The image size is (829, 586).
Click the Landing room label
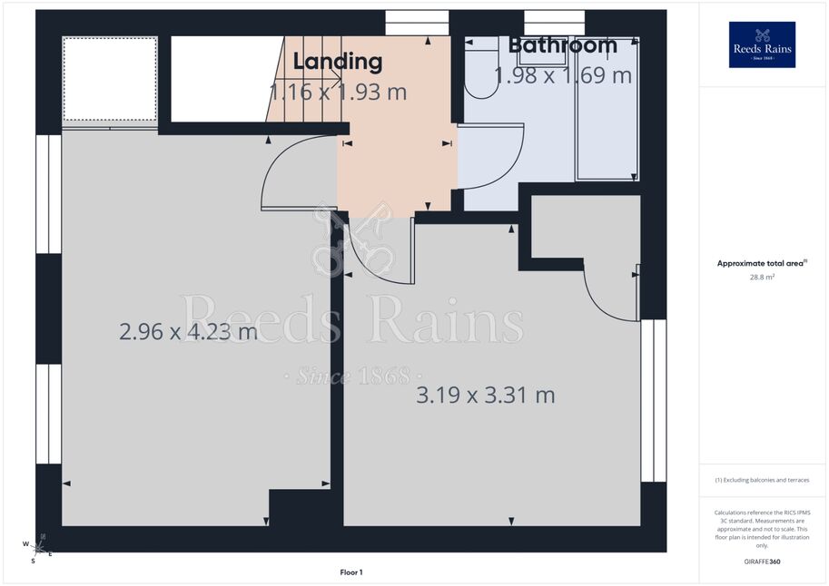pos(338,62)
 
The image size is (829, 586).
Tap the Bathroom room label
pos(563,45)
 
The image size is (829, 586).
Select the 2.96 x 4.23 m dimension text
pos(188,332)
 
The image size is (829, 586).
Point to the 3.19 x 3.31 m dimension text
pos(486,396)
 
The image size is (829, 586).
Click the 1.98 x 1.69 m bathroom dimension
pos(563,75)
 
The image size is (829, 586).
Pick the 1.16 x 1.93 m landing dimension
pos(338,92)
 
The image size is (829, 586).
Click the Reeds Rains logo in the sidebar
pos(762,45)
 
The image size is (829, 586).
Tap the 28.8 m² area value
pos(762,277)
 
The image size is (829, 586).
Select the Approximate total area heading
pos(762,263)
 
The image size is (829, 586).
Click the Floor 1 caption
pos(351,572)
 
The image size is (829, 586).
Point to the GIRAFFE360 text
pos(762,562)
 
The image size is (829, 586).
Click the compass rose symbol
pos(37,549)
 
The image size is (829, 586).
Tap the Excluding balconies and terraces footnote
pos(762,480)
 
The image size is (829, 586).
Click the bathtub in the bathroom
pos(607,110)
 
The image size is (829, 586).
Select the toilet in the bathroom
pos(481,69)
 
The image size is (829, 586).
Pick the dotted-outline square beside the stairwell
pos(110,79)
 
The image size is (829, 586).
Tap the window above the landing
pos(417,23)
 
